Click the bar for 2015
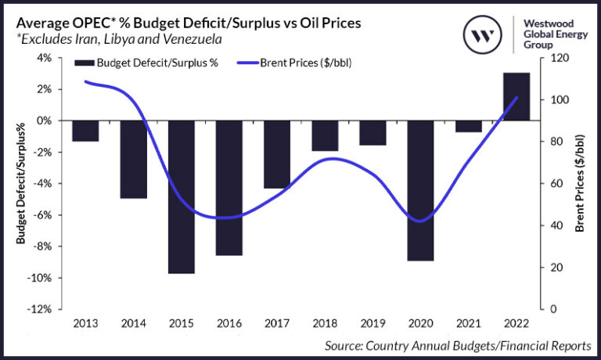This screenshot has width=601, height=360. click(x=182, y=196)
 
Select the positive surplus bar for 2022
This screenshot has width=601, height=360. click(x=516, y=96)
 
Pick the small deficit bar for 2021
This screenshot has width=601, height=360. click(x=468, y=126)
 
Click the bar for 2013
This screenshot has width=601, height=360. click(x=86, y=131)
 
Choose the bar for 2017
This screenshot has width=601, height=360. click(x=277, y=154)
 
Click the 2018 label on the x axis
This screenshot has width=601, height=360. click(x=325, y=323)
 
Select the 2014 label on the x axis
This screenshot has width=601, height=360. click(x=134, y=323)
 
